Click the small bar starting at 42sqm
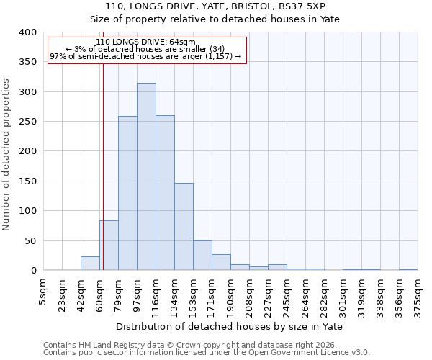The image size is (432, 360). (90, 264)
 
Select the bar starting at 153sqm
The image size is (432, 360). (202, 256)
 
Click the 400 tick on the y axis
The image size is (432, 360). (27, 32)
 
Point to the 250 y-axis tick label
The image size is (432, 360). (27, 122)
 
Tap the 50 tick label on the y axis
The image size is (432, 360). (30, 241)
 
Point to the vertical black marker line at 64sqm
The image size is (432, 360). (103, 180)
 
